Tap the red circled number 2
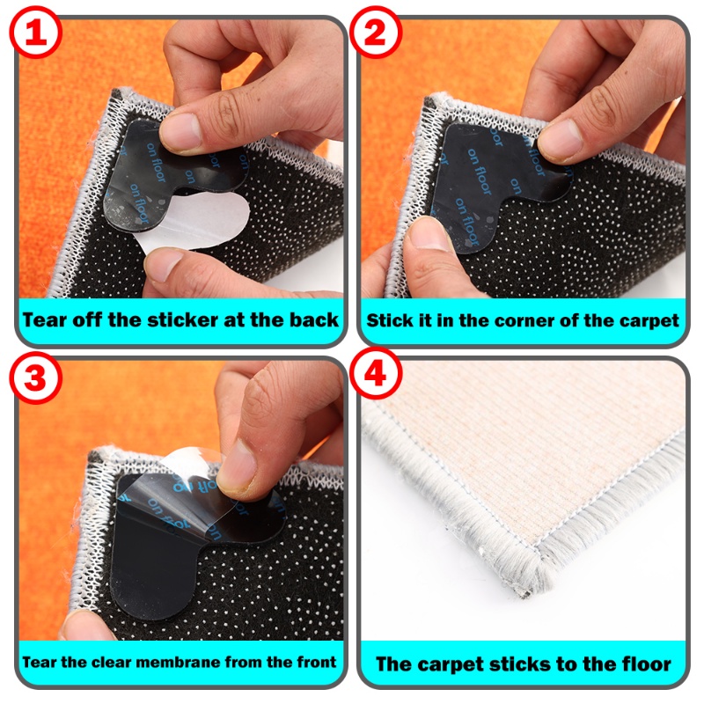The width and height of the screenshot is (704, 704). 376,33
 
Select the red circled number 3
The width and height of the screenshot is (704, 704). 35,378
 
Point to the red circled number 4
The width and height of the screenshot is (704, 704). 376,374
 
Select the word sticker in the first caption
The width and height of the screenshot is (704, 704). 182,320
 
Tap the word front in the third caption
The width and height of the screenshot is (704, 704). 317,662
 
